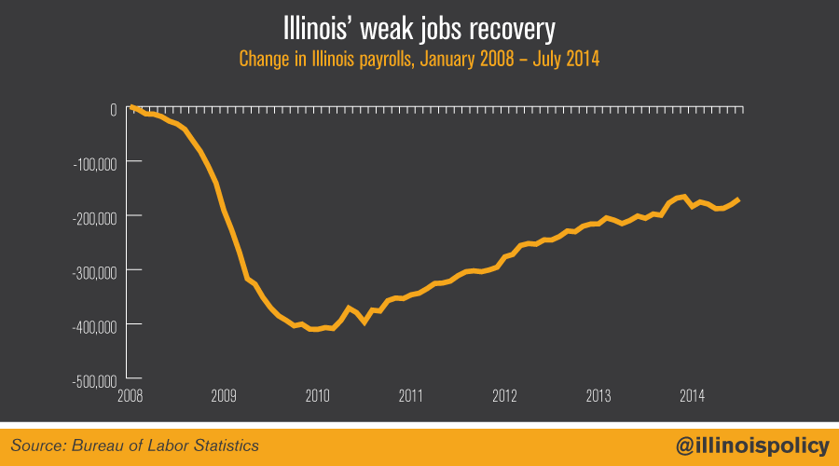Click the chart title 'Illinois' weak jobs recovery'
[419, 27]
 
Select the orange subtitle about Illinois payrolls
[419, 59]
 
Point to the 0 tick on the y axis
[112, 108]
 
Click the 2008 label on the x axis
[131, 395]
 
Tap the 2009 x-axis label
[224, 395]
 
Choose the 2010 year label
[318, 395]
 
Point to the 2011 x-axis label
[411, 395]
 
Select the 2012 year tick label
[505, 395]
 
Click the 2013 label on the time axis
[598, 395]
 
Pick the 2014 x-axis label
[692, 395]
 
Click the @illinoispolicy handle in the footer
[751, 446]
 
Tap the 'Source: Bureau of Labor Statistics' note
[135, 446]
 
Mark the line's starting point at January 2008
[131, 108]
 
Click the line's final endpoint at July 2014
[739, 199]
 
